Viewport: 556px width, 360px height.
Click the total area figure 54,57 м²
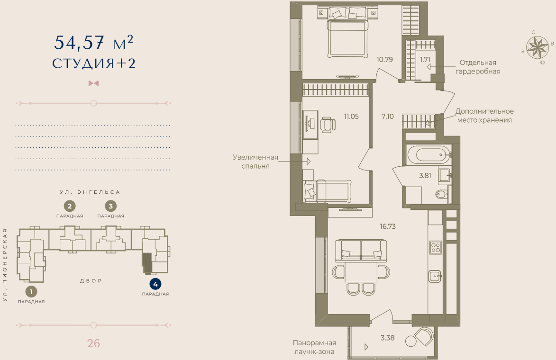tap(93, 43)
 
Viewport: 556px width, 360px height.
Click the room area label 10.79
tap(384, 60)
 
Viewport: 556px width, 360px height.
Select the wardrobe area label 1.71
tap(425, 60)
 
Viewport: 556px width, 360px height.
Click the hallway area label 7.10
tap(388, 116)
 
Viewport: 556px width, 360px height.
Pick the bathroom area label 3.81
tap(425, 175)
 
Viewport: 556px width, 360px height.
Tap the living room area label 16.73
tap(387, 226)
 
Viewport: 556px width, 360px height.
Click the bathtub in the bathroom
tap(428, 154)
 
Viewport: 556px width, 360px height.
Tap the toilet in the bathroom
tap(440, 194)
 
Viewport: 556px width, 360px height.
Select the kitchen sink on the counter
tap(435, 275)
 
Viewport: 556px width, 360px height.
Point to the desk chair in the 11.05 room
tap(328, 124)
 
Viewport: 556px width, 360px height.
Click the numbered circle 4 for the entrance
tap(155, 284)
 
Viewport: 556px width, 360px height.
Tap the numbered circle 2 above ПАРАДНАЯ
tap(70, 206)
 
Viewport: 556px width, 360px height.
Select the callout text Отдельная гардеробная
tap(477, 67)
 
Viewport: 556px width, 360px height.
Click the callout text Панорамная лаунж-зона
tap(314, 347)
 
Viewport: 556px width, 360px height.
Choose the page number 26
tap(93, 343)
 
